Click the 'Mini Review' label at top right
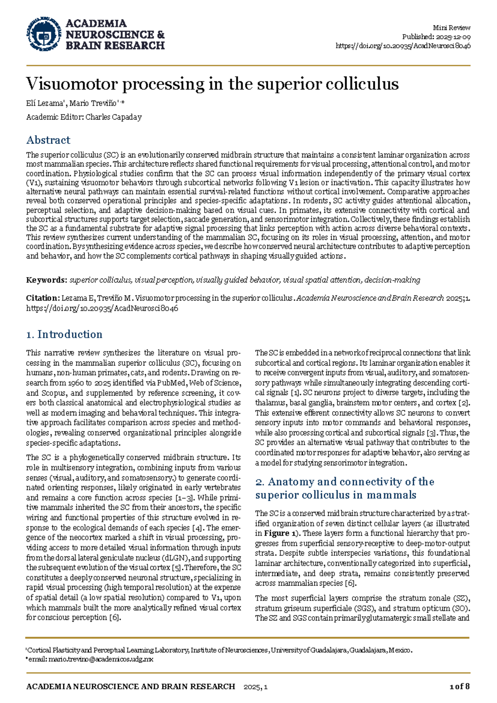click(451, 28)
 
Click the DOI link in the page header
click(403, 46)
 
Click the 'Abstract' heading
click(48, 140)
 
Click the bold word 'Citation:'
click(43, 298)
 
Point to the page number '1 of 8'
click(459, 686)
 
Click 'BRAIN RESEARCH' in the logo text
click(115, 46)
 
